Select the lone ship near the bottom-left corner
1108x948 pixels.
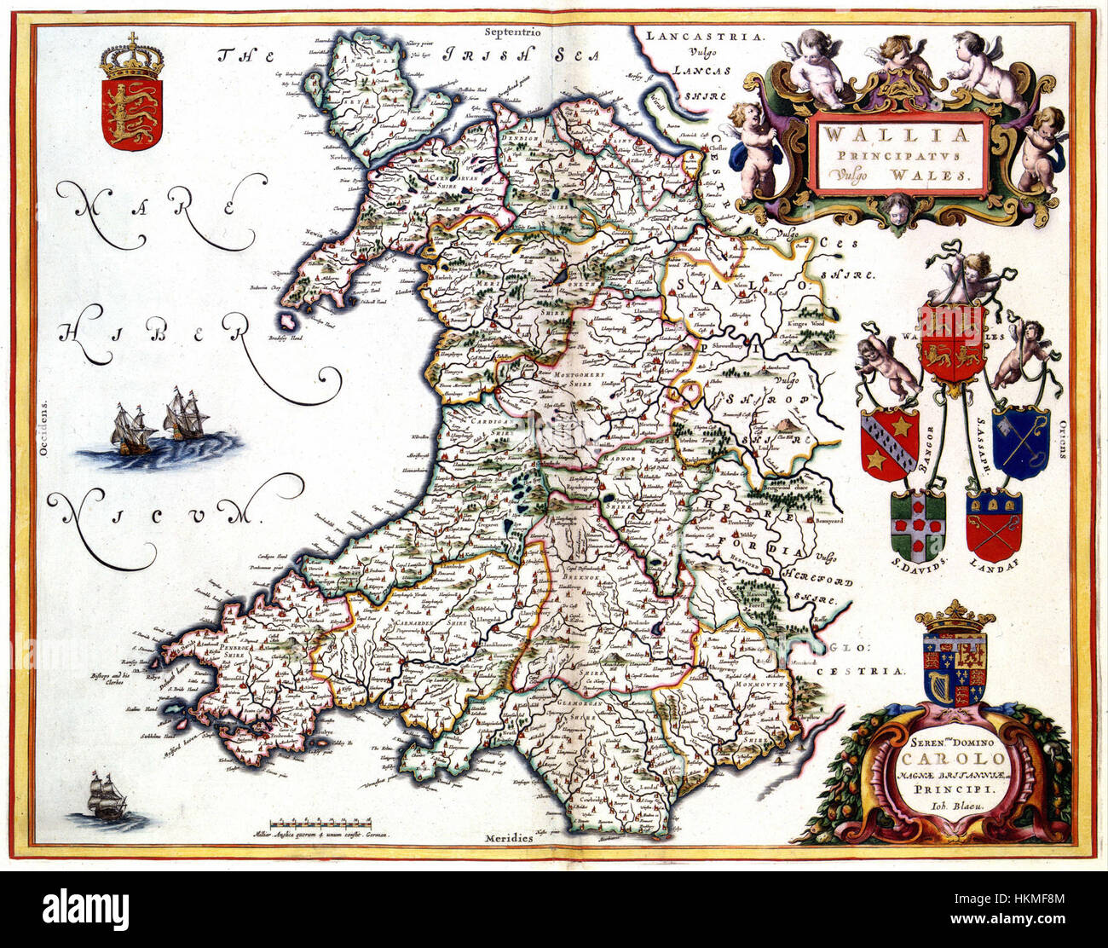coord(108,797)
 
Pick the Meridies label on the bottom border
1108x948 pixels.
coord(509,839)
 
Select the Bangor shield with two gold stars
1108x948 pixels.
coord(889,443)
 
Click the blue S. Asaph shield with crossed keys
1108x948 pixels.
coord(1020,442)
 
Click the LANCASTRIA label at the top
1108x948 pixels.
coord(705,37)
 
